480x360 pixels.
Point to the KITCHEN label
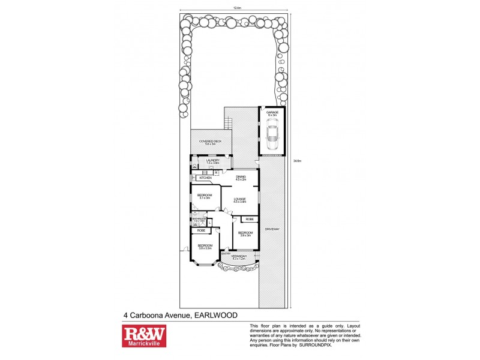point(206,178)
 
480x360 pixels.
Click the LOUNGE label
point(240,200)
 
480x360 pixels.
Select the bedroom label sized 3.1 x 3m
point(205,196)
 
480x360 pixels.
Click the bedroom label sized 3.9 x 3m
point(245,233)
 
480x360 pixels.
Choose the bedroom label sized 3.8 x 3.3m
point(205,247)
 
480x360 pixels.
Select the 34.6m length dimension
point(296,161)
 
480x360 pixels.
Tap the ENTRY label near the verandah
point(226,254)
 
